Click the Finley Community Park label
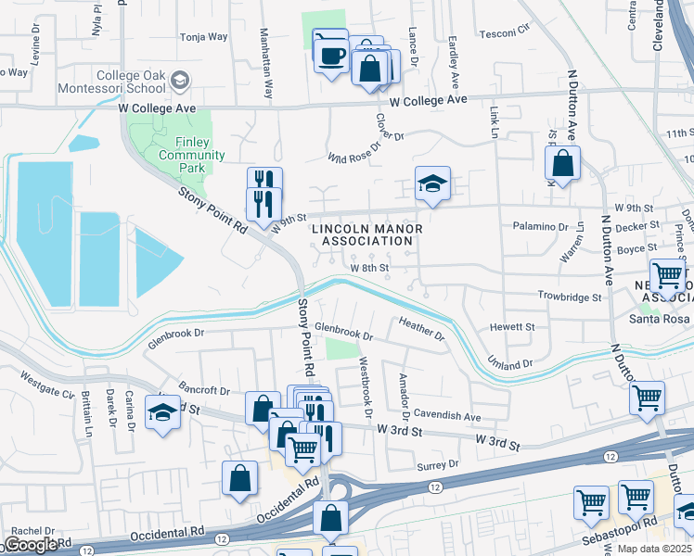coord(192,148)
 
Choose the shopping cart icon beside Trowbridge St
coord(666,276)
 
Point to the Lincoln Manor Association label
coord(366,234)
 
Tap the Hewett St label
coord(512,327)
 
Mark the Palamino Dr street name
coord(540,226)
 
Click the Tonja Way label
coord(203,37)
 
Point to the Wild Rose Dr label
coord(354,152)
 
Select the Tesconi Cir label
coord(505,34)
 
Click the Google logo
coord(32,545)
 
